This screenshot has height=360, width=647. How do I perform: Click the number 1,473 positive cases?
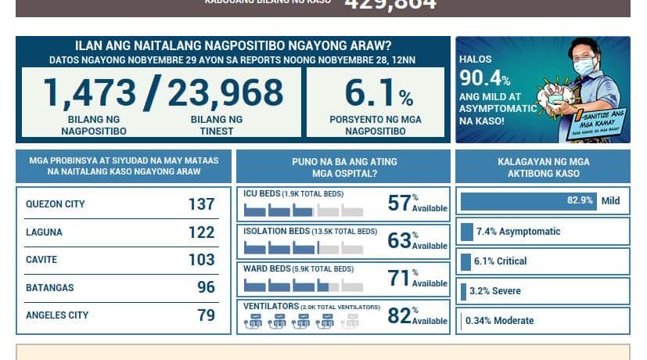[x=88, y=93]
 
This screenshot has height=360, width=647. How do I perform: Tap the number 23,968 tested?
[x=225, y=93]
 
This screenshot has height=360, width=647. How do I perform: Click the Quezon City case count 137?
[x=201, y=204]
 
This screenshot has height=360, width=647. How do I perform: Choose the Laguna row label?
[x=44, y=232]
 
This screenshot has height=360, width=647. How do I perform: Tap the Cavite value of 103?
[x=201, y=260]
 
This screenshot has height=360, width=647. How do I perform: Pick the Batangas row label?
[x=49, y=288]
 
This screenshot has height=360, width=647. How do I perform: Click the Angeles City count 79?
[x=206, y=315]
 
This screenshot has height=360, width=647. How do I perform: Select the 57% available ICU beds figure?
[x=400, y=203]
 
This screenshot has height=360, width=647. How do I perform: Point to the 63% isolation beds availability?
[x=400, y=240]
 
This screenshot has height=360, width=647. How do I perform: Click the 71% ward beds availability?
[x=400, y=278]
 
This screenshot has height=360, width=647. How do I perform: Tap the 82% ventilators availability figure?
[x=400, y=315]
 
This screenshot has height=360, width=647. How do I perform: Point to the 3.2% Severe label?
[x=495, y=291]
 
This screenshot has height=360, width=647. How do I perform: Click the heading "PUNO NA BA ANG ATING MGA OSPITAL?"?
[x=344, y=167]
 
